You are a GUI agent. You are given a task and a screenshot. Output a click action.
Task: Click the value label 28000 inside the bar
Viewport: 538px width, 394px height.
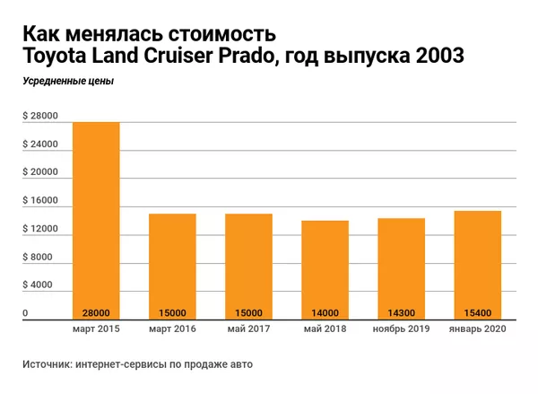pos(96,312)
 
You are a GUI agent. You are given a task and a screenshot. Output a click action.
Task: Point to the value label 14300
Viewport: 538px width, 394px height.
pos(401,312)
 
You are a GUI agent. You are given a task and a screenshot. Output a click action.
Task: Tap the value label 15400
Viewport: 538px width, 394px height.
pos(477,312)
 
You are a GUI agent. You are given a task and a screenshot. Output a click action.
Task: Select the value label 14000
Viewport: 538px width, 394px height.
pos(325,312)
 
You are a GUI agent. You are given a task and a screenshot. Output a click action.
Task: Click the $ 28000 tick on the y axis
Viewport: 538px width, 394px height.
pos(39,117)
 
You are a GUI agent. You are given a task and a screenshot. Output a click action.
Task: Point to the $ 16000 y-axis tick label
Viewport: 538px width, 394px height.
pos(39,200)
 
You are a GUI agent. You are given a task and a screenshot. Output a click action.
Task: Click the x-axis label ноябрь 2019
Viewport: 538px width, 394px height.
pos(401,329)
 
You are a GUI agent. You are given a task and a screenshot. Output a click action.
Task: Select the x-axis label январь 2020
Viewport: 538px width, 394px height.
pos(477,329)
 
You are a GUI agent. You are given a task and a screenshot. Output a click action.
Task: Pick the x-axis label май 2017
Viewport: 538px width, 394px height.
pos(248,329)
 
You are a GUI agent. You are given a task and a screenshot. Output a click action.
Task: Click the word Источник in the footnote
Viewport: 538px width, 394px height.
pos(50,364)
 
